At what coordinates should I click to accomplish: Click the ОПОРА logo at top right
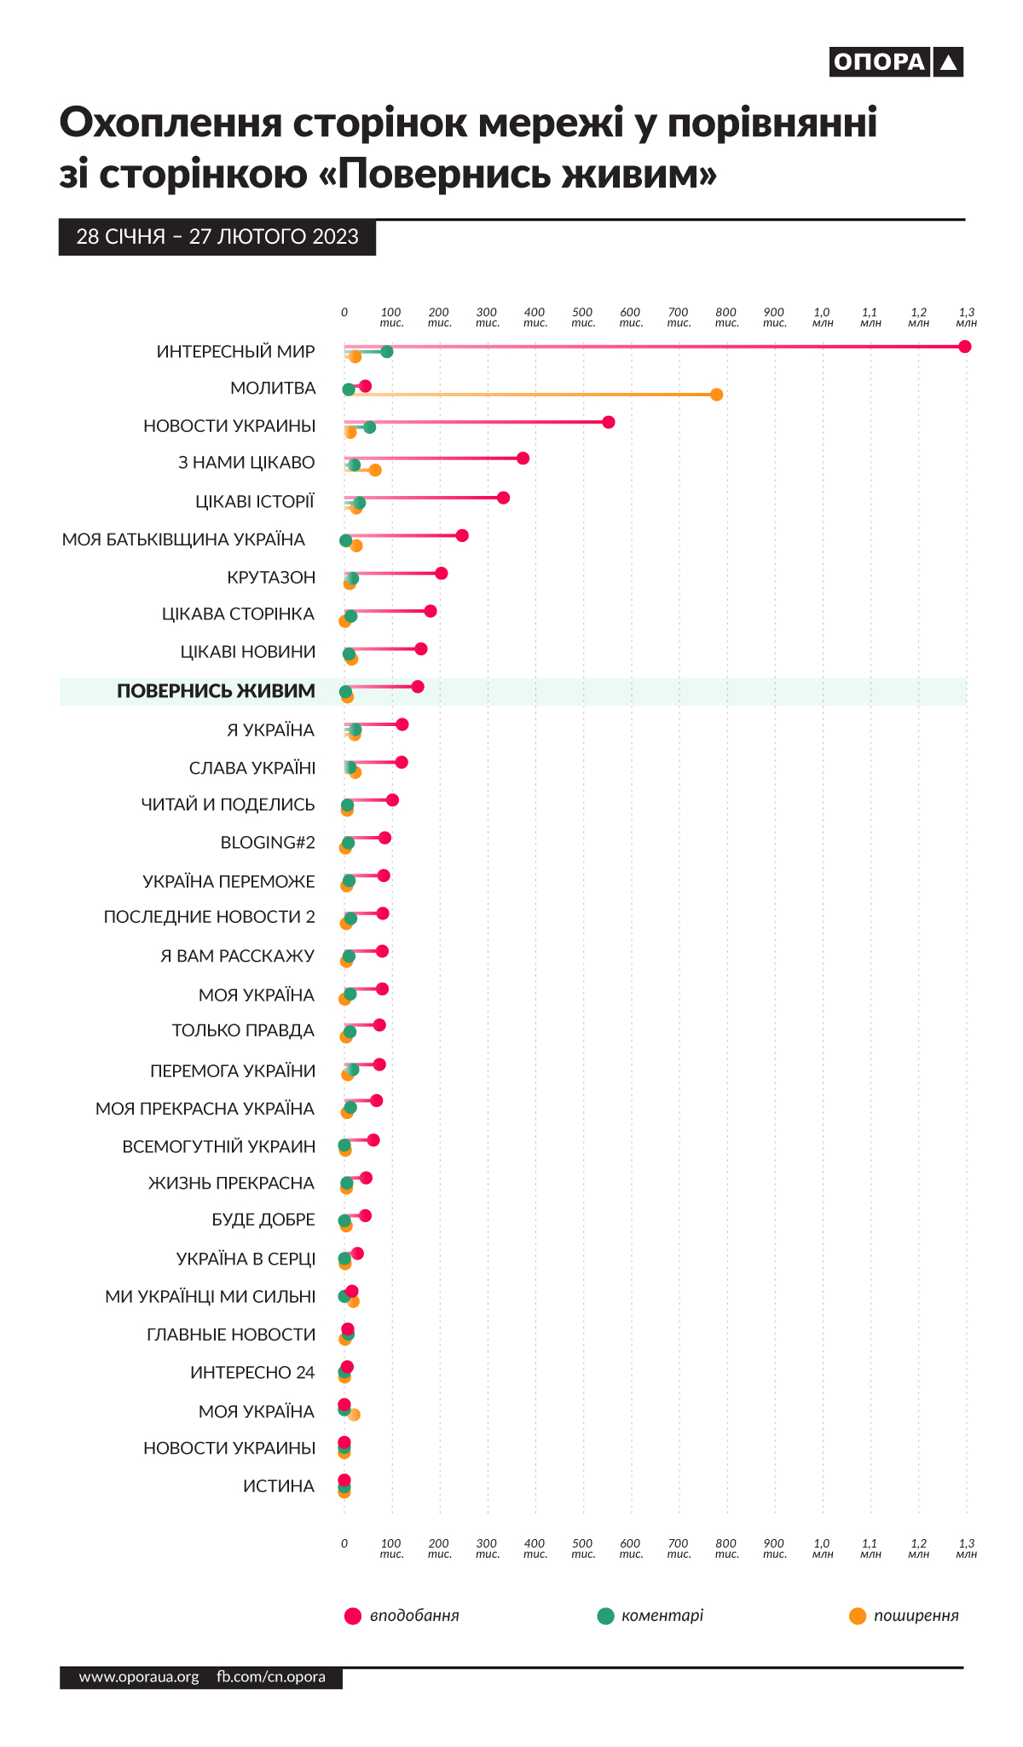pyautogui.click(x=895, y=62)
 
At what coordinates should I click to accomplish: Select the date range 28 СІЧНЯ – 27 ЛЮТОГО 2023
pyautogui.click(x=217, y=237)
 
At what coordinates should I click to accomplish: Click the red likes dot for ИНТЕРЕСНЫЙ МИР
pyautogui.click(x=964, y=347)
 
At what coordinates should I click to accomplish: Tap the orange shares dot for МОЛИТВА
pyautogui.click(x=716, y=395)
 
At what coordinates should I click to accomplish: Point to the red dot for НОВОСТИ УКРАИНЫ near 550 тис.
pyautogui.click(x=608, y=423)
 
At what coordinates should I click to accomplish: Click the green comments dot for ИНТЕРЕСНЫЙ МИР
pyautogui.click(x=386, y=352)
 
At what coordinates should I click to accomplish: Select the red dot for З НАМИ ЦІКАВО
pyautogui.click(x=523, y=458)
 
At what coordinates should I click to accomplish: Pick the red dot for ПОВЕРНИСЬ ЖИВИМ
pyautogui.click(x=417, y=687)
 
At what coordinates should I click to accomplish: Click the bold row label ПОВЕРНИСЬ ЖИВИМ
pyautogui.click(x=216, y=691)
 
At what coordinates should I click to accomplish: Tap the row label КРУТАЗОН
pyautogui.click(x=271, y=578)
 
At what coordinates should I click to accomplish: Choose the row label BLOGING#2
pyautogui.click(x=268, y=843)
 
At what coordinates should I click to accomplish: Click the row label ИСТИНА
pyautogui.click(x=279, y=1486)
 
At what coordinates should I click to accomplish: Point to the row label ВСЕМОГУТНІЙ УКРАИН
pyautogui.click(x=219, y=1147)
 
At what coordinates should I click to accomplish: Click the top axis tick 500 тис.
pyautogui.click(x=583, y=317)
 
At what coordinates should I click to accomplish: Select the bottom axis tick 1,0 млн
pyautogui.click(x=823, y=1548)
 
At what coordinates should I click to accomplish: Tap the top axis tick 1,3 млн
pyautogui.click(x=966, y=317)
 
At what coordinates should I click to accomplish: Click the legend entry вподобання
pyautogui.click(x=413, y=1616)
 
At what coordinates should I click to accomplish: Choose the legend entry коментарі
pyautogui.click(x=662, y=1616)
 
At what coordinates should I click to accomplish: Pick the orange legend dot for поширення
pyautogui.click(x=858, y=1617)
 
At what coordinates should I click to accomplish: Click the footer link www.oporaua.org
pyautogui.click(x=139, y=1677)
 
